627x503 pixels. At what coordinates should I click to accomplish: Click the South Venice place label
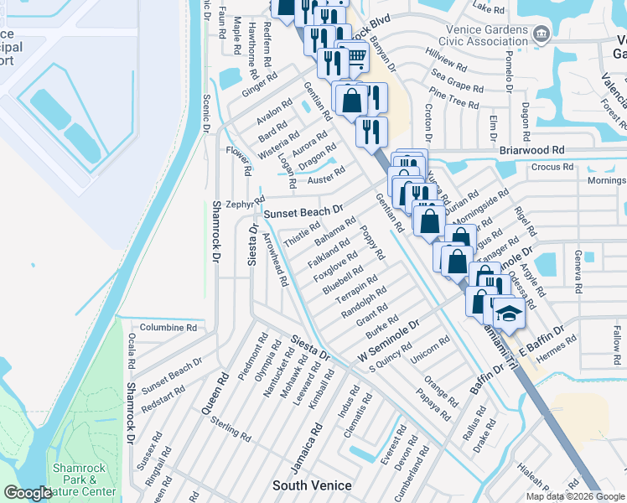(x=312, y=485)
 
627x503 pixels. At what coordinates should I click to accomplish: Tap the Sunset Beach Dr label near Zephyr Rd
(x=303, y=213)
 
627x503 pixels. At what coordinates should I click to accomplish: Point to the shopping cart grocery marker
(x=356, y=56)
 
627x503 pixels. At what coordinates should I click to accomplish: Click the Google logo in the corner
(x=28, y=493)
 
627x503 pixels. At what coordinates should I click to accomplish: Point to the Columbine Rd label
(x=168, y=328)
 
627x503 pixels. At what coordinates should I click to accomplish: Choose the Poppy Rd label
(x=372, y=242)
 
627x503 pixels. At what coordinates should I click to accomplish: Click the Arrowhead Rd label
(x=275, y=258)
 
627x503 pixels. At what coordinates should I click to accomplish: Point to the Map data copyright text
(x=574, y=495)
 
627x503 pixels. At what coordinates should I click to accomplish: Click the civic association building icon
(x=541, y=34)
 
